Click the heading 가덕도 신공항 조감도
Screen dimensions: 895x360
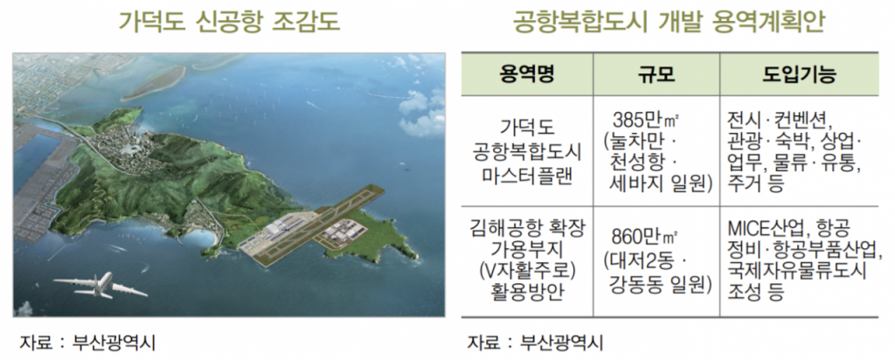point(229,22)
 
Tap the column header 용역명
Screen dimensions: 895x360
point(527,74)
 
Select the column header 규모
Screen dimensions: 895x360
point(656,74)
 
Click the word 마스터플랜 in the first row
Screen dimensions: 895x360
point(527,172)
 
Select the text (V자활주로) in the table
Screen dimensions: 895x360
point(527,270)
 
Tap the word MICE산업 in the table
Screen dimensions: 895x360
point(764,229)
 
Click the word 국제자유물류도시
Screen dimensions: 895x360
point(797,270)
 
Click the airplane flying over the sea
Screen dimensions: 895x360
point(101,285)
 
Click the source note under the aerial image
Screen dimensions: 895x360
point(87,343)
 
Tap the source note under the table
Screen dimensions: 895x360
point(536,343)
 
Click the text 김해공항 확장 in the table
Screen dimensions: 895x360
point(527,228)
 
